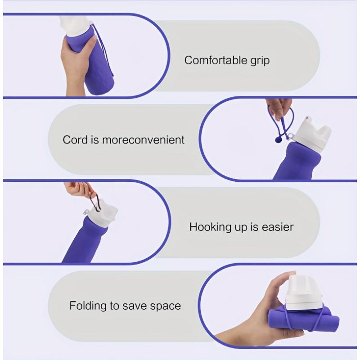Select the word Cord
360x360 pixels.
[75, 139]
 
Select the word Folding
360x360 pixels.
[88, 306]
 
